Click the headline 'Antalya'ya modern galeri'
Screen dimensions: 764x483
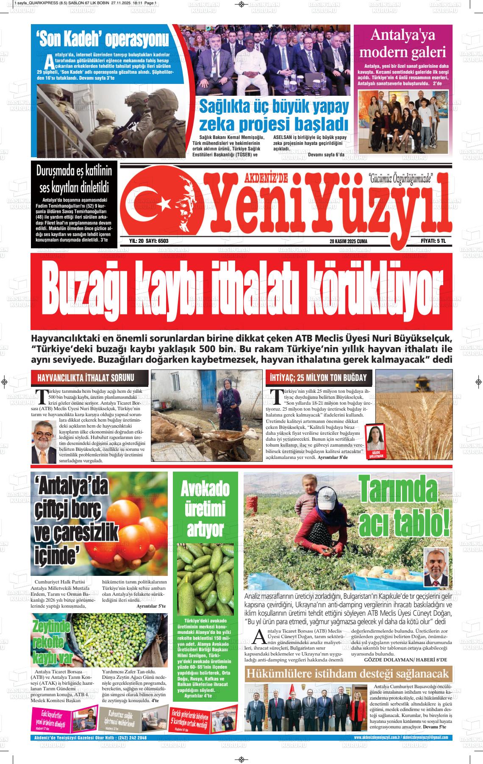point(402,44)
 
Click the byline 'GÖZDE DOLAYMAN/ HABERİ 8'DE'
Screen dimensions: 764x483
point(405,660)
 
